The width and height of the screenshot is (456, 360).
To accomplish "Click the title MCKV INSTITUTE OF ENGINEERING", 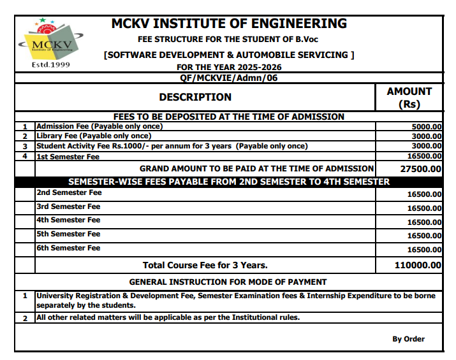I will tap(229, 24).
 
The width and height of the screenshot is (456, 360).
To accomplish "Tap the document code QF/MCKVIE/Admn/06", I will tap(229, 78).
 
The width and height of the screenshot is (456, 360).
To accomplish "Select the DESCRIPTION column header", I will tap(195, 97).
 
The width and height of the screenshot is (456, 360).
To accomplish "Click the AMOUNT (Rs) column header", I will tap(409, 97).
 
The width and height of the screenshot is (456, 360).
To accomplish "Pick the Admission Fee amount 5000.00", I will tap(427, 127).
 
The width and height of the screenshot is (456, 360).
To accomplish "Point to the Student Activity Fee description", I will tap(172, 146).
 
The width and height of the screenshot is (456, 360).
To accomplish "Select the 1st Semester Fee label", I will tap(68, 156).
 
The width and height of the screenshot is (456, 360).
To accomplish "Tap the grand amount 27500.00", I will tap(420, 169).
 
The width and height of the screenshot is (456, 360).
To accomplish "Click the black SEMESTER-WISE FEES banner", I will tap(228, 182).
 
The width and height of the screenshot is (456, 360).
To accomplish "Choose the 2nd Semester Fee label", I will tap(69, 192).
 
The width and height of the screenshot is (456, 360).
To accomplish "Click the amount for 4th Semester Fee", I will tap(424, 222).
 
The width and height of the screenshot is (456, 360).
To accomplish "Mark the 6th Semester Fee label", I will tap(68, 248).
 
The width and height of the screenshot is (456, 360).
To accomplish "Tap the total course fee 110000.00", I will tap(418, 265).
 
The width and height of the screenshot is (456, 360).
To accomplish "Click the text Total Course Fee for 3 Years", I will tap(205, 265).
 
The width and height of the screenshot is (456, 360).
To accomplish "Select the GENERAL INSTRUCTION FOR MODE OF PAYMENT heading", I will tap(228, 282).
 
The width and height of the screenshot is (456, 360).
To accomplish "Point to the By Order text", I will tap(408, 339).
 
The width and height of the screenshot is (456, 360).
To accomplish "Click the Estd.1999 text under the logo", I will tap(50, 65).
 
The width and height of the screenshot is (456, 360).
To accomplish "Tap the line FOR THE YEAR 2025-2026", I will tap(229, 67).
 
